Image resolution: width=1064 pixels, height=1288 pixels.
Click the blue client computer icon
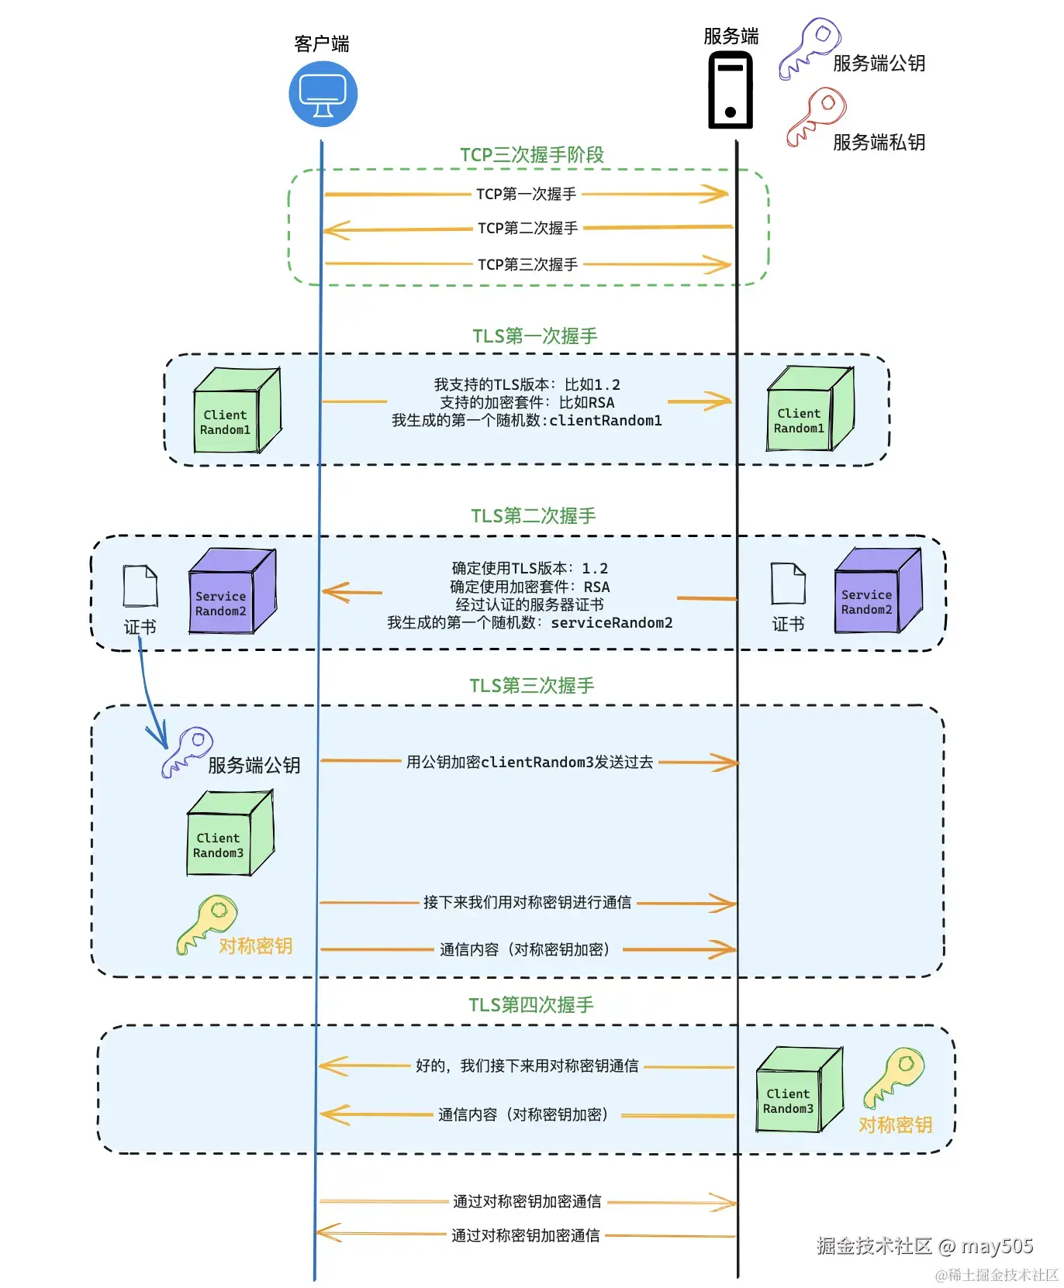pos(323,95)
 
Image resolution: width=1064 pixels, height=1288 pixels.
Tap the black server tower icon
pos(731,90)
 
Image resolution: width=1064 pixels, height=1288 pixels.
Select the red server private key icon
pos(816,116)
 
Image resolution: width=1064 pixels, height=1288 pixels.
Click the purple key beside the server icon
pos(810,48)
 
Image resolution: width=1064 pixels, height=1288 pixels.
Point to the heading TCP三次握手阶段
pos(532,155)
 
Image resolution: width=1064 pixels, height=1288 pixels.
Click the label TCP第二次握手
pos(527,228)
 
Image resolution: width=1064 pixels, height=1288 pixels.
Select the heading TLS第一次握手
pos(535,336)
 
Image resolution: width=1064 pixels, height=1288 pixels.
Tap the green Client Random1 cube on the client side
pos(236,411)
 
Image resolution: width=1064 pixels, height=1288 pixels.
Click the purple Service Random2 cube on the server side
pos(878,592)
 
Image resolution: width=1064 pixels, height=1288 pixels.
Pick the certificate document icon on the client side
pos(140,586)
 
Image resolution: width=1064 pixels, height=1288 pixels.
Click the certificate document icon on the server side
pos(788,584)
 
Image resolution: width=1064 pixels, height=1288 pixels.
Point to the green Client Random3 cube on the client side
pos(230,834)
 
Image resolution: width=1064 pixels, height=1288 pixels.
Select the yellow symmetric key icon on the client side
pos(207,924)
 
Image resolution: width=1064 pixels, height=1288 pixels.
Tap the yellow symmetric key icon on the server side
pos(894,1076)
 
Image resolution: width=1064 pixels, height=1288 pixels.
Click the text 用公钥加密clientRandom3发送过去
pos(530,763)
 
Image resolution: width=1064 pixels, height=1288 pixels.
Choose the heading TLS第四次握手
pos(531,1005)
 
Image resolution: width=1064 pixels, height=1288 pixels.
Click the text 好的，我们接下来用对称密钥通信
pos(527,1066)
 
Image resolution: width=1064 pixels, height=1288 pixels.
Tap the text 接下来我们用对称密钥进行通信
pos(527,903)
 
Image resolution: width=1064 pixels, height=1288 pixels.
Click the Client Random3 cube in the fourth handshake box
pos(799,1090)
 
